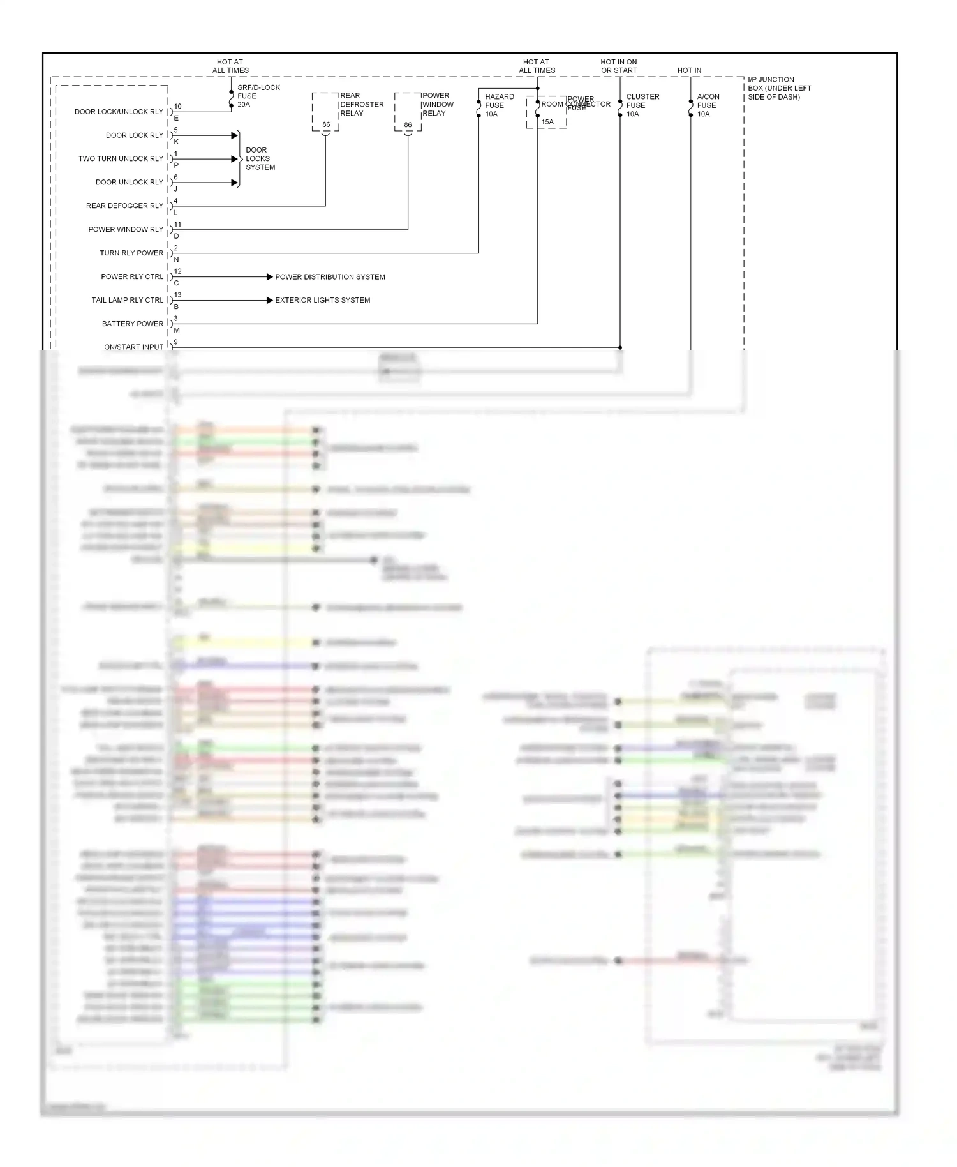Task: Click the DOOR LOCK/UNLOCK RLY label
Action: pyautogui.click(x=119, y=112)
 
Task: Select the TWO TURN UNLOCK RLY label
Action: pyautogui.click(x=121, y=159)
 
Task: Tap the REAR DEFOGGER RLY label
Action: pyautogui.click(x=124, y=206)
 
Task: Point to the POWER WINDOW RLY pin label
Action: pyautogui.click(x=126, y=230)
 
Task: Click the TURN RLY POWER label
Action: pyautogui.click(x=131, y=253)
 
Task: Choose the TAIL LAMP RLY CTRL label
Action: pyautogui.click(x=127, y=300)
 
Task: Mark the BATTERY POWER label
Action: pyautogui.click(x=132, y=324)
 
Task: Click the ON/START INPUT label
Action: pyautogui.click(x=133, y=347)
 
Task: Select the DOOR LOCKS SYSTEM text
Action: pyautogui.click(x=260, y=159)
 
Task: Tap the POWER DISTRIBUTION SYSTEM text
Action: pyautogui.click(x=330, y=277)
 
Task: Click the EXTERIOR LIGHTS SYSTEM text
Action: pyautogui.click(x=322, y=300)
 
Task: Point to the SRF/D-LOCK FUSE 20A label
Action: pyautogui.click(x=258, y=96)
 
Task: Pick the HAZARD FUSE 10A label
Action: pyautogui.click(x=499, y=105)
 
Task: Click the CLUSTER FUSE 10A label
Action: pyautogui.click(x=642, y=105)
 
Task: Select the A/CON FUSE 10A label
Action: pyautogui.click(x=708, y=105)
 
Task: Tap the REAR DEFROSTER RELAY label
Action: pyautogui.click(x=361, y=105)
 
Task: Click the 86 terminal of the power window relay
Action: pyautogui.click(x=408, y=125)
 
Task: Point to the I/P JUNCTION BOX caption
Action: pyautogui.click(x=779, y=88)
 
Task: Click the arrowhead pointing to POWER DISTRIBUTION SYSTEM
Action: pyautogui.click(x=269, y=277)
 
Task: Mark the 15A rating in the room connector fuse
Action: pyautogui.click(x=547, y=122)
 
